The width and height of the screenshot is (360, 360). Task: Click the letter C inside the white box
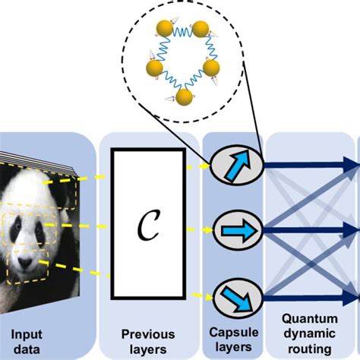148,226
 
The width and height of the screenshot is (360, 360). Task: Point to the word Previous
148,333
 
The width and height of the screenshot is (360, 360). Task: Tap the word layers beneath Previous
148,348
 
